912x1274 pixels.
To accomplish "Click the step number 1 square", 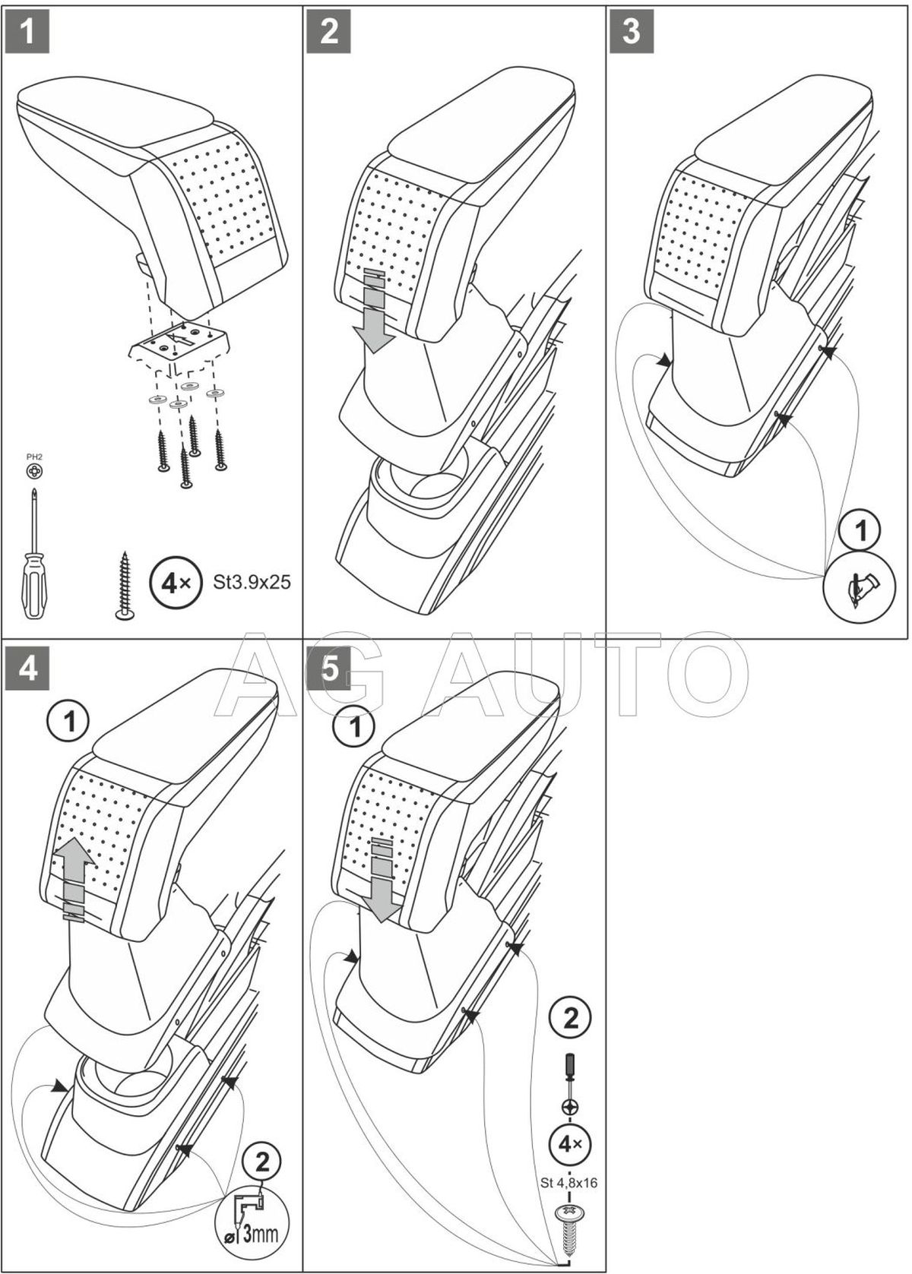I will (x=27, y=31).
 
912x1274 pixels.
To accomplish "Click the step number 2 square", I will (x=329, y=31).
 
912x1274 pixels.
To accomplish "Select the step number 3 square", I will (x=632, y=31).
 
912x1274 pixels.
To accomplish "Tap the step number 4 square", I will (x=27, y=669).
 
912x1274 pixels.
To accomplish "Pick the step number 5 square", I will (x=329, y=669).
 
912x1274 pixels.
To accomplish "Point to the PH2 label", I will (x=34, y=457).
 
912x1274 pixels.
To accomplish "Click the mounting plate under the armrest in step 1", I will (x=179, y=346).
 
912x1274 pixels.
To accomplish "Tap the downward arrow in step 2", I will (x=377, y=311).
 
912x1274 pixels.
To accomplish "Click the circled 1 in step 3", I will (x=860, y=532).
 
